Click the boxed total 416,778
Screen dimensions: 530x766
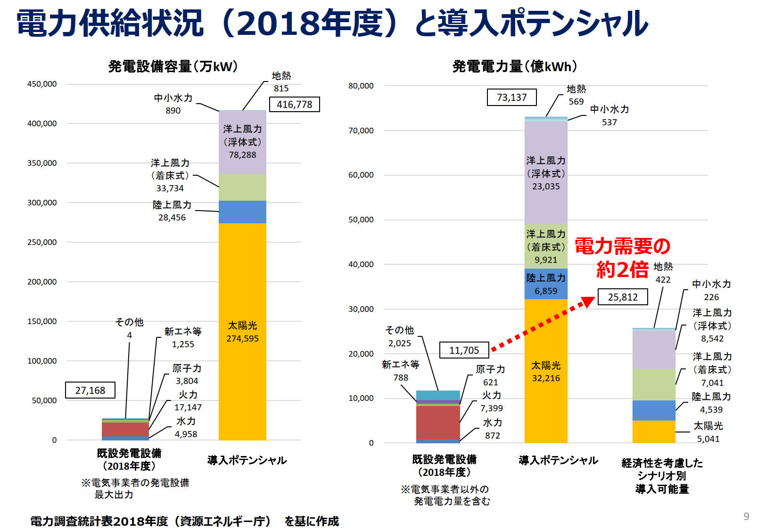[x=294, y=104]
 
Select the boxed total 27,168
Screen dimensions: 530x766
[x=90, y=390]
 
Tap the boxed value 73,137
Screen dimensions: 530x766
[x=511, y=97]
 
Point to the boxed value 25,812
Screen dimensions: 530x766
[x=622, y=297]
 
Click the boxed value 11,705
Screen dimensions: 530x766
[x=464, y=350]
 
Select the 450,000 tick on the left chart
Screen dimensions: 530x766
[x=42, y=84]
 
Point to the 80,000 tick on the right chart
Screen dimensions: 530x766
[x=361, y=86]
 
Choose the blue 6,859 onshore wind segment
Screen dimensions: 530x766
[x=546, y=284]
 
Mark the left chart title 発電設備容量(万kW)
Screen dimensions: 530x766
[x=173, y=66]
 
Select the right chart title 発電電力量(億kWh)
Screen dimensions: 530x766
[x=514, y=66]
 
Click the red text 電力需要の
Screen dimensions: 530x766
[x=622, y=246]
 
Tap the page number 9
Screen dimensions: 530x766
[x=746, y=516]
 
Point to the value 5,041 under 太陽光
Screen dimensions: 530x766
[x=708, y=439]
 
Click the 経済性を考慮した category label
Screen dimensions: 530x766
[x=662, y=463]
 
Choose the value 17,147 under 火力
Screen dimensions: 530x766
[x=188, y=408]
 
